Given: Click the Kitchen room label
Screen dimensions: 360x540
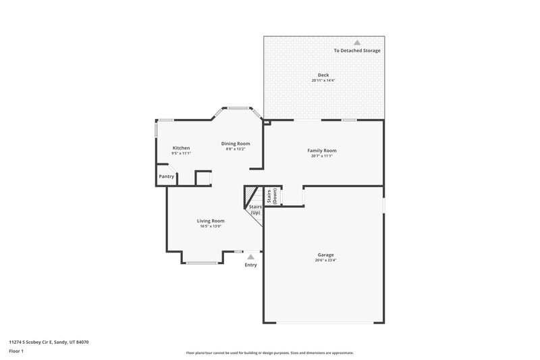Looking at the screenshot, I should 181,148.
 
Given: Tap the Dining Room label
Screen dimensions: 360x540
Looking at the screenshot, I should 237,143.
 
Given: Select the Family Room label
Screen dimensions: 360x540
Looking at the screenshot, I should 322,150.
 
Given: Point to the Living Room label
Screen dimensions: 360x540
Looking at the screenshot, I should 211,221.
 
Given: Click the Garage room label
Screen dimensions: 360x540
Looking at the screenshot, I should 325,255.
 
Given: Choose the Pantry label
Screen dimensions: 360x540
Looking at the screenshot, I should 167,176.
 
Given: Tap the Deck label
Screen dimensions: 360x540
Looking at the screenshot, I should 323,75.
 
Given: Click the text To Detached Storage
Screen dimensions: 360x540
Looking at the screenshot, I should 357,51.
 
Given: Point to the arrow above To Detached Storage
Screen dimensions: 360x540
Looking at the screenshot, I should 357,43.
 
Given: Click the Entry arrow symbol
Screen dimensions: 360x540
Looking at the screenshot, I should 250,257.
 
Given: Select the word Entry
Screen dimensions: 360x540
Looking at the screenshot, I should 250,265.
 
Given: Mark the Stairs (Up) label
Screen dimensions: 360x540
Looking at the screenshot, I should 255,209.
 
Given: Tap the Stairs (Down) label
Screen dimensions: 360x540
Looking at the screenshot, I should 271,195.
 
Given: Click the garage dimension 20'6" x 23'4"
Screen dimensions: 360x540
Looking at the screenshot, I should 325,260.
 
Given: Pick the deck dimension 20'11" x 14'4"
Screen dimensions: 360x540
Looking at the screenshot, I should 323,80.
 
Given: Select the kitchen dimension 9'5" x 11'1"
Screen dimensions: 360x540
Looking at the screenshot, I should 181,153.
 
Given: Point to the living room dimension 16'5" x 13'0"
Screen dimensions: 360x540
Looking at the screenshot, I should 211,226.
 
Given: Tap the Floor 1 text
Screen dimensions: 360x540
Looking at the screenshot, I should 17,352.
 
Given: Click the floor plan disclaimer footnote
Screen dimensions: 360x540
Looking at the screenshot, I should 270,353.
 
